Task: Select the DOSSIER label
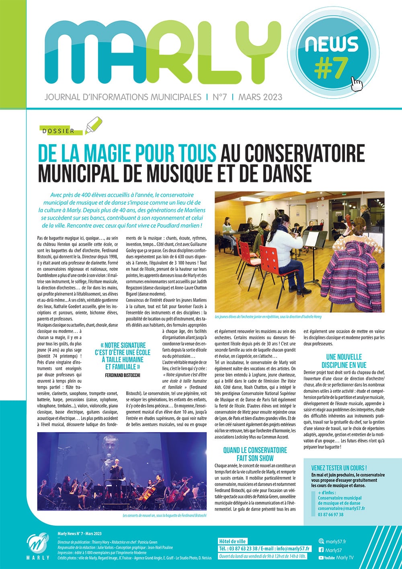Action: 58,131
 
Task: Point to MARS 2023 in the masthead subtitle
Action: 260,97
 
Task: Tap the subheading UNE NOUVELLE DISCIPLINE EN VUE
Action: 344,361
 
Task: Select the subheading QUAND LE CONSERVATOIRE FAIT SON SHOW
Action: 255,454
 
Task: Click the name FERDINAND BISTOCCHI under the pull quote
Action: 123,375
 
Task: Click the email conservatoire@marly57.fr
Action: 341,509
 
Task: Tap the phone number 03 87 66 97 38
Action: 330,514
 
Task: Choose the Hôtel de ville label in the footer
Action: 232,541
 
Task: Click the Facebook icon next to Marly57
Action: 321,550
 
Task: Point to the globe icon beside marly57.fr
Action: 321,541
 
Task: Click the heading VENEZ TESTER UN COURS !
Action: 339,468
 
